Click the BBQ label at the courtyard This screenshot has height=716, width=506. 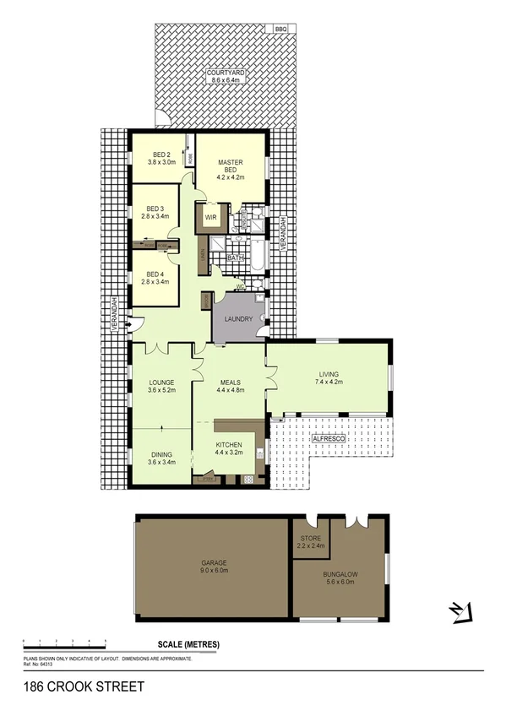point(280,29)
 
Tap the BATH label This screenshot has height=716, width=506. point(237,257)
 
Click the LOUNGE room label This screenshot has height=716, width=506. point(161,382)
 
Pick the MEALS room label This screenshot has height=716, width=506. point(231,382)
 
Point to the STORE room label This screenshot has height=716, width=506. point(310,538)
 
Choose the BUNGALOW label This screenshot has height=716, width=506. point(339,573)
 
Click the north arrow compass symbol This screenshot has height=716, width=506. point(458,610)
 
